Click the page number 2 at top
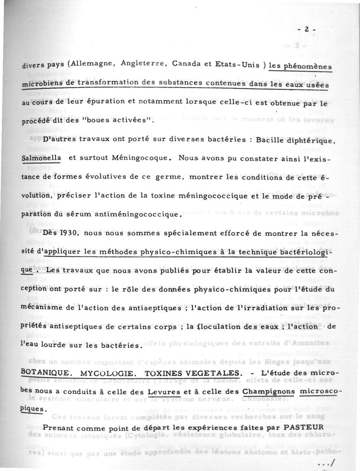[x=306, y=30]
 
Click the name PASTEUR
[x=306, y=426]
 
